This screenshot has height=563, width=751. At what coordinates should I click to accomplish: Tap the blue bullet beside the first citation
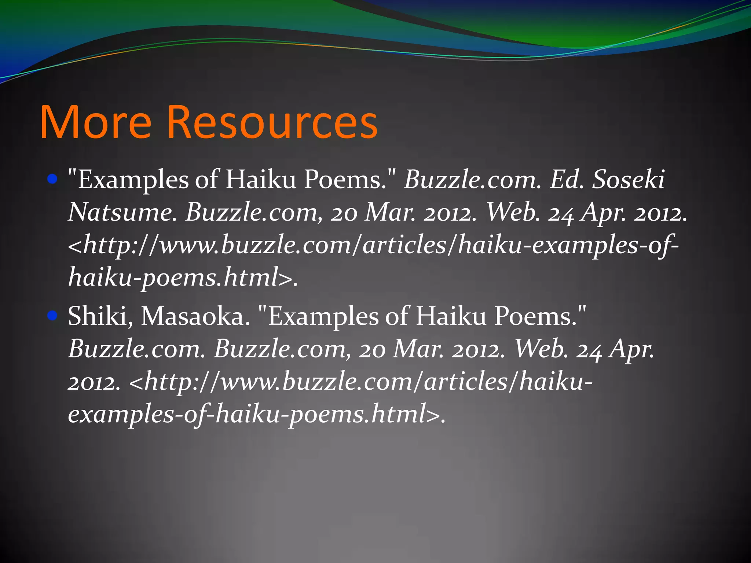tap(53, 179)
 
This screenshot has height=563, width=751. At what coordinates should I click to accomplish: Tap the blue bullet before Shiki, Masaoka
tap(53, 316)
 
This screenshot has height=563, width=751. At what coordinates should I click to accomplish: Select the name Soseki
tap(628, 180)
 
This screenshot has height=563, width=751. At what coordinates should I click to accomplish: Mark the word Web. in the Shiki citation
tap(541, 349)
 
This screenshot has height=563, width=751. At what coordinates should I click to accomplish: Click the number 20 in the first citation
tap(344, 213)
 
